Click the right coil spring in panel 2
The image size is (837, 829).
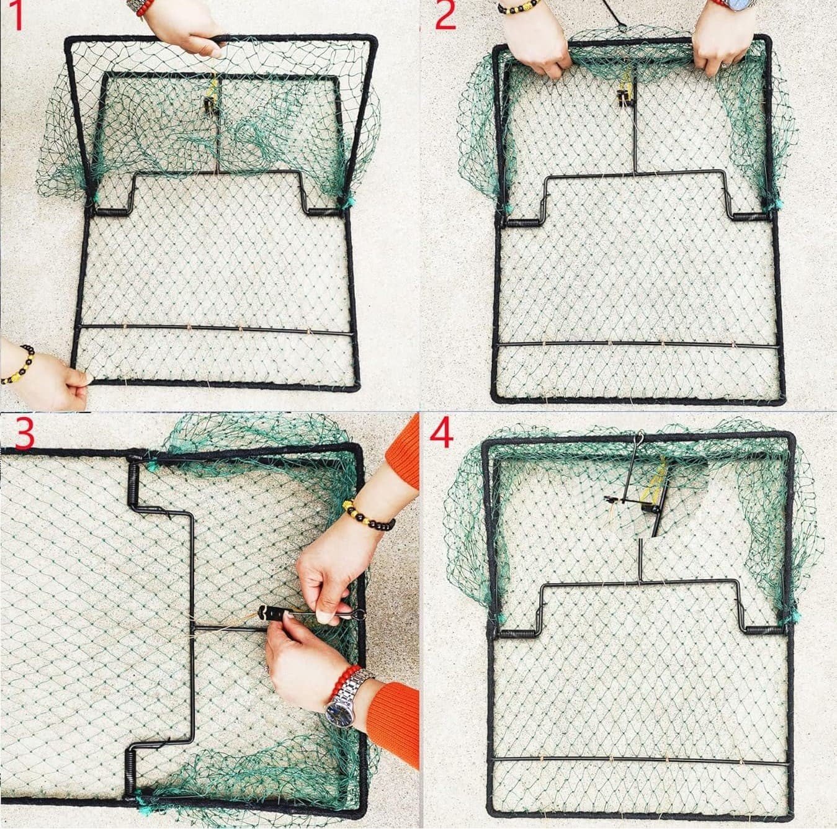coord(750,217)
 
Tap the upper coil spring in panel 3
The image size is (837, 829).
coord(134,484)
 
